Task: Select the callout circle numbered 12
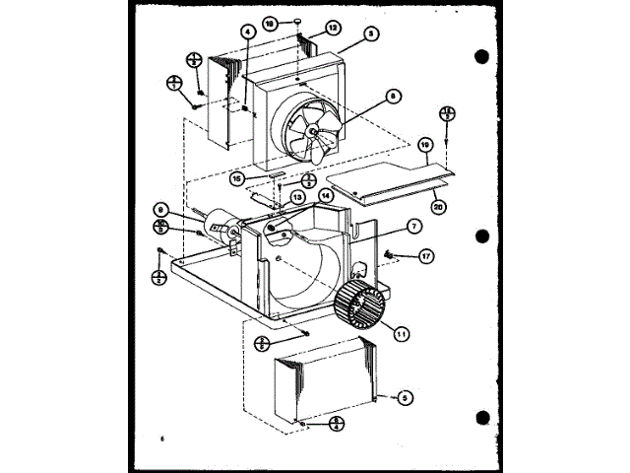click(334, 28)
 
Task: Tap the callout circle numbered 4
click(247, 33)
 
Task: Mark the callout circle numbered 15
click(236, 178)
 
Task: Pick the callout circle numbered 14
click(326, 195)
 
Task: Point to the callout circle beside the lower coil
click(403, 398)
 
